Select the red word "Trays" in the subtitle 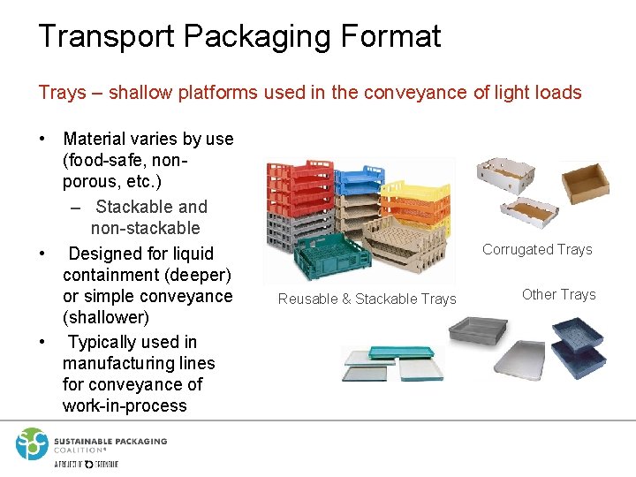(62, 92)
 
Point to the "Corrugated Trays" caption (537, 250)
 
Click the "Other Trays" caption (558, 295)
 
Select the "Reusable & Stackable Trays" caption (367, 299)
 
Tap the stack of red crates (306, 189)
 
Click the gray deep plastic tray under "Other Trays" (478, 331)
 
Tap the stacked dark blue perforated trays (578, 346)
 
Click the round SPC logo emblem (31, 443)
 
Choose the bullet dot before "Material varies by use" (42, 140)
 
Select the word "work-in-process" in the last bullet (125, 406)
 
